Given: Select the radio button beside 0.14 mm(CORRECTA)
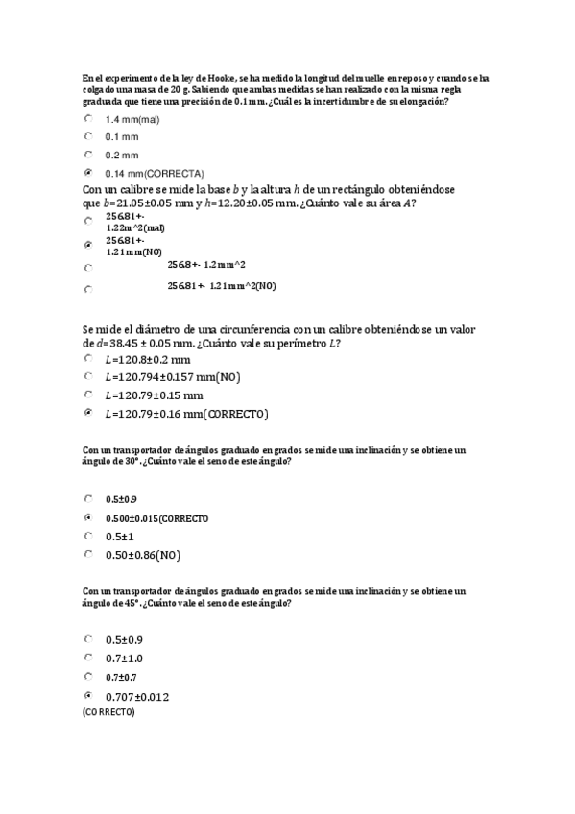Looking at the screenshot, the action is coord(88,172).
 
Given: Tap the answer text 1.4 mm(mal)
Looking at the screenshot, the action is coord(135,119).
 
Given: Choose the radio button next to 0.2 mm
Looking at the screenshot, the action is coord(88,154).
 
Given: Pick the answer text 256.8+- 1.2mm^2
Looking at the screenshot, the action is coord(205,264).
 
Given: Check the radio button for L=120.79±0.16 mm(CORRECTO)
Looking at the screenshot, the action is coord(88,413).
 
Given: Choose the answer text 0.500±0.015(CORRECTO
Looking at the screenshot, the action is coord(156,518).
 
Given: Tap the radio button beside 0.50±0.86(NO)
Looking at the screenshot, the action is coord(88,554).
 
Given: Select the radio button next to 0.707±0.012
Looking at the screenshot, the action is coord(88,695).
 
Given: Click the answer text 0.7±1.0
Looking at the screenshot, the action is coord(125,658).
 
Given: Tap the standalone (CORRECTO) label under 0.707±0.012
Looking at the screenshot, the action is coord(108,713).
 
